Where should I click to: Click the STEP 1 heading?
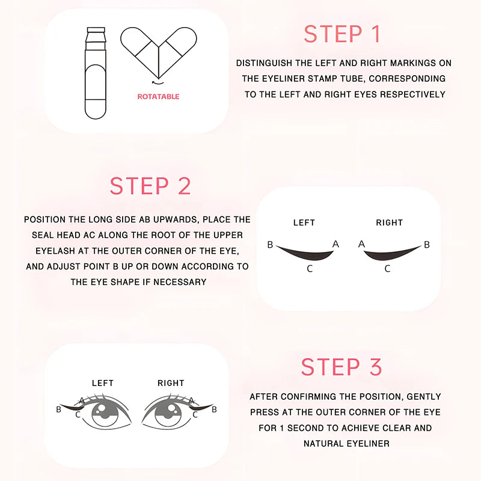click(x=342, y=34)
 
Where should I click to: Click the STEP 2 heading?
click(x=150, y=186)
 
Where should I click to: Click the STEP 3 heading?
click(x=342, y=367)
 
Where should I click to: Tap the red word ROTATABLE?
click(x=158, y=96)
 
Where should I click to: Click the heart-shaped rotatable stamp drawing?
click(x=159, y=53)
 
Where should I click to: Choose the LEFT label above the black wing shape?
click(x=304, y=222)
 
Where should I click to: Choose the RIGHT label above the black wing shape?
click(x=389, y=222)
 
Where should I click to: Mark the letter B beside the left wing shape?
click(x=271, y=245)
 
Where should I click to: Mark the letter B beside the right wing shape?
click(x=427, y=245)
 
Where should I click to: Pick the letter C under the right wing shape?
click(x=387, y=269)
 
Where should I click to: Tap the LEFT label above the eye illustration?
click(x=102, y=383)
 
